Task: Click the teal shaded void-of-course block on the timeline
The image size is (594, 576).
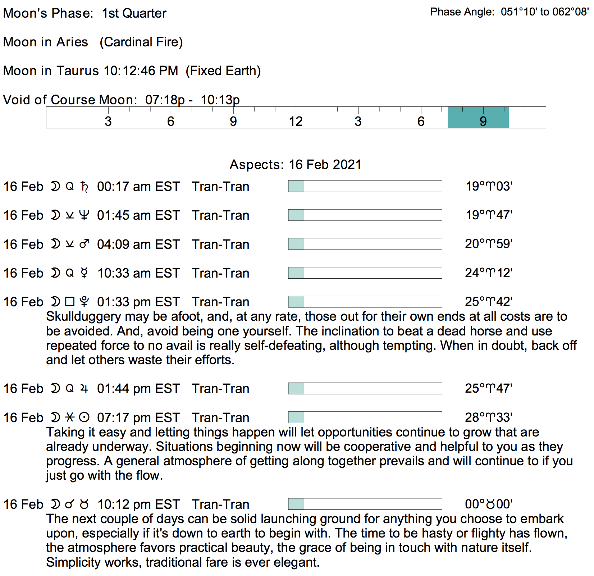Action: click(x=478, y=117)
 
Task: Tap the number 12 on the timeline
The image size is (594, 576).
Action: click(x=296, y=122)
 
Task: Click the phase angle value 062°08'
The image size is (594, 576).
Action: click(x=570, y=12)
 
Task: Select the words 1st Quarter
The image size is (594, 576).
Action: click(x=134, y=13)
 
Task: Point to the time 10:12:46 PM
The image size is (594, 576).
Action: click(x=141, y=71)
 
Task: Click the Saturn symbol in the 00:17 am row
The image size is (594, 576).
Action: click(x=84, y=187)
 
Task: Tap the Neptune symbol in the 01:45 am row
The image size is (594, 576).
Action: click(x=84, y=215)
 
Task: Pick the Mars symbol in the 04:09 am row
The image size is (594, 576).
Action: click(x=84, y=244)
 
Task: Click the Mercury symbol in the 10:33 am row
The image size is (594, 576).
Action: click(x=84, y=273)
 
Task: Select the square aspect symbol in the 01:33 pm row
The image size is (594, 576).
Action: click(x=70, y=302)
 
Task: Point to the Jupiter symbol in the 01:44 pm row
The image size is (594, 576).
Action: click(x=84, y=389)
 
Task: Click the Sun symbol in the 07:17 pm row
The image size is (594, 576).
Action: click(x=84, y=417)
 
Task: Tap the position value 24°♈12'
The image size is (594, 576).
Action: click(x=489, y=273)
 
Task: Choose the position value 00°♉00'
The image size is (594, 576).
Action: click(x=489, y=504)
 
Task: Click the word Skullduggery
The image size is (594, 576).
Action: click(x=83, y=316)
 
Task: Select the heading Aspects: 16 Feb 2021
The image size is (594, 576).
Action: click(x=296, y=164)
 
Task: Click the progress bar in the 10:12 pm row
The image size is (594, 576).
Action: click(x=365, y=504)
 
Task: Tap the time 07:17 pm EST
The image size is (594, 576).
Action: click(x=138, y=417)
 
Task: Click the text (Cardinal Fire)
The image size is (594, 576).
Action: click(x=141, y=42)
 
